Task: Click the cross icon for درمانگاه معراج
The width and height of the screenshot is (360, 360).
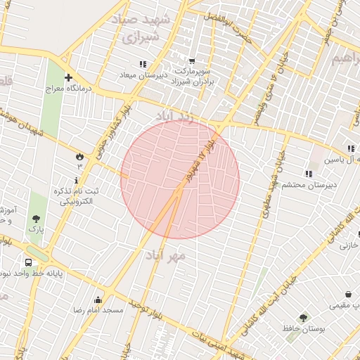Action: (68, 77)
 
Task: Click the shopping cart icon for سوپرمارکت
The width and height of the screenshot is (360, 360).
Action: (192, 61)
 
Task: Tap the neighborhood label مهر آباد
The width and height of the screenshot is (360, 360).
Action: (169, 255)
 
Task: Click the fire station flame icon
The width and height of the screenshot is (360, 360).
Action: (79, 155)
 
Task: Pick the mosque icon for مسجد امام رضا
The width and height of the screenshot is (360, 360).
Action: (98, 300)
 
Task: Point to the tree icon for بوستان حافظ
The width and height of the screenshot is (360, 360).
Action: (303, 318)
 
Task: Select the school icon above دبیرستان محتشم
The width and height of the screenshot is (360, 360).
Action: (308, 174)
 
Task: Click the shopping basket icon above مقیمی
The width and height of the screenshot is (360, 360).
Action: (347, 295)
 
